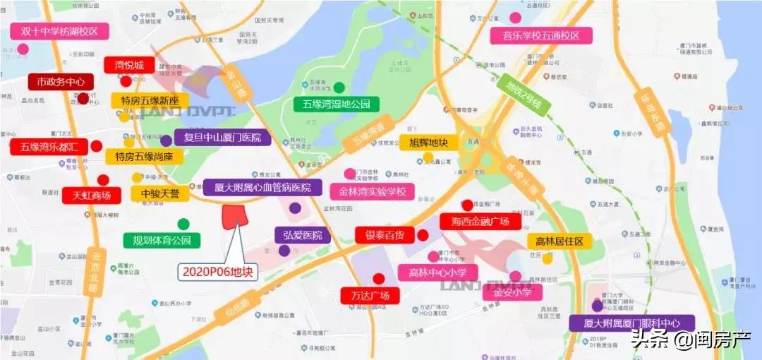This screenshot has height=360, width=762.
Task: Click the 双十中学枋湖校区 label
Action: pyautogui.click(x=59, y=32)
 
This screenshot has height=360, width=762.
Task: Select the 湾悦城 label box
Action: pyautogui.click(x=129, y=66)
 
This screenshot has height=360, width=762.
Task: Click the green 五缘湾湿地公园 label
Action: pyautogui.click(x=336, y=104)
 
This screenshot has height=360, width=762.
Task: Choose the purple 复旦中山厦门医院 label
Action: pyautogui.click(x=223, y=138)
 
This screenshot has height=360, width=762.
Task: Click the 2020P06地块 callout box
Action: pyautogui.click(x=217, y=271)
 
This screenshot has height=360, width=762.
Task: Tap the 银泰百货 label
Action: pyautogui.click(x=385, y=235)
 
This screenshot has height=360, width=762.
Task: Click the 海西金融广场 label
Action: pyautogui.click(x=480, y=222)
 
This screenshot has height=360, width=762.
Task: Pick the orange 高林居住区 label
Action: pyautogui.click(x=560, y=241)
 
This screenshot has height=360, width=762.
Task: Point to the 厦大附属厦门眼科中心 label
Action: pyautogui.click(x=632, y=324)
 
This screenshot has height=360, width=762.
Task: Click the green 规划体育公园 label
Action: pyautogui.click(x=162, y=240)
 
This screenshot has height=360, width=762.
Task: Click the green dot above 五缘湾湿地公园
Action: pyautogui.click(x=339, y=88)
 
